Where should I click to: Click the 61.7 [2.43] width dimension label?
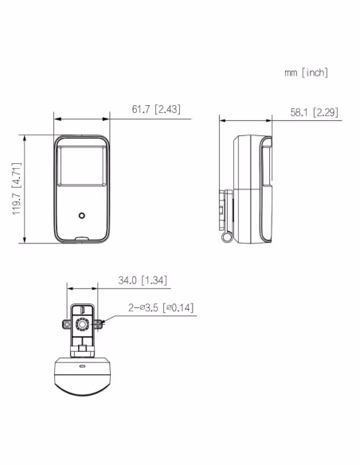tap(156, 109)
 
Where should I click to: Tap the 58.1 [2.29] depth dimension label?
tap(314, 112)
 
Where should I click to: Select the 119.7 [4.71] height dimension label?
tap(17, 189)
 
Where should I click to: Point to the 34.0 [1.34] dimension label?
tap(143, 280)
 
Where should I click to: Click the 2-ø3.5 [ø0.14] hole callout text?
tap(161, 308)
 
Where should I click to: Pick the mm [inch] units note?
tap(307, 72)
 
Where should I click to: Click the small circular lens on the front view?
tap(82, 215)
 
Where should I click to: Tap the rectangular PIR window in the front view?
tap(82, 166)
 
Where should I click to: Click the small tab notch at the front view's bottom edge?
tap(82, 238)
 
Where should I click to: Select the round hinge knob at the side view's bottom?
tap(227, 237)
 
